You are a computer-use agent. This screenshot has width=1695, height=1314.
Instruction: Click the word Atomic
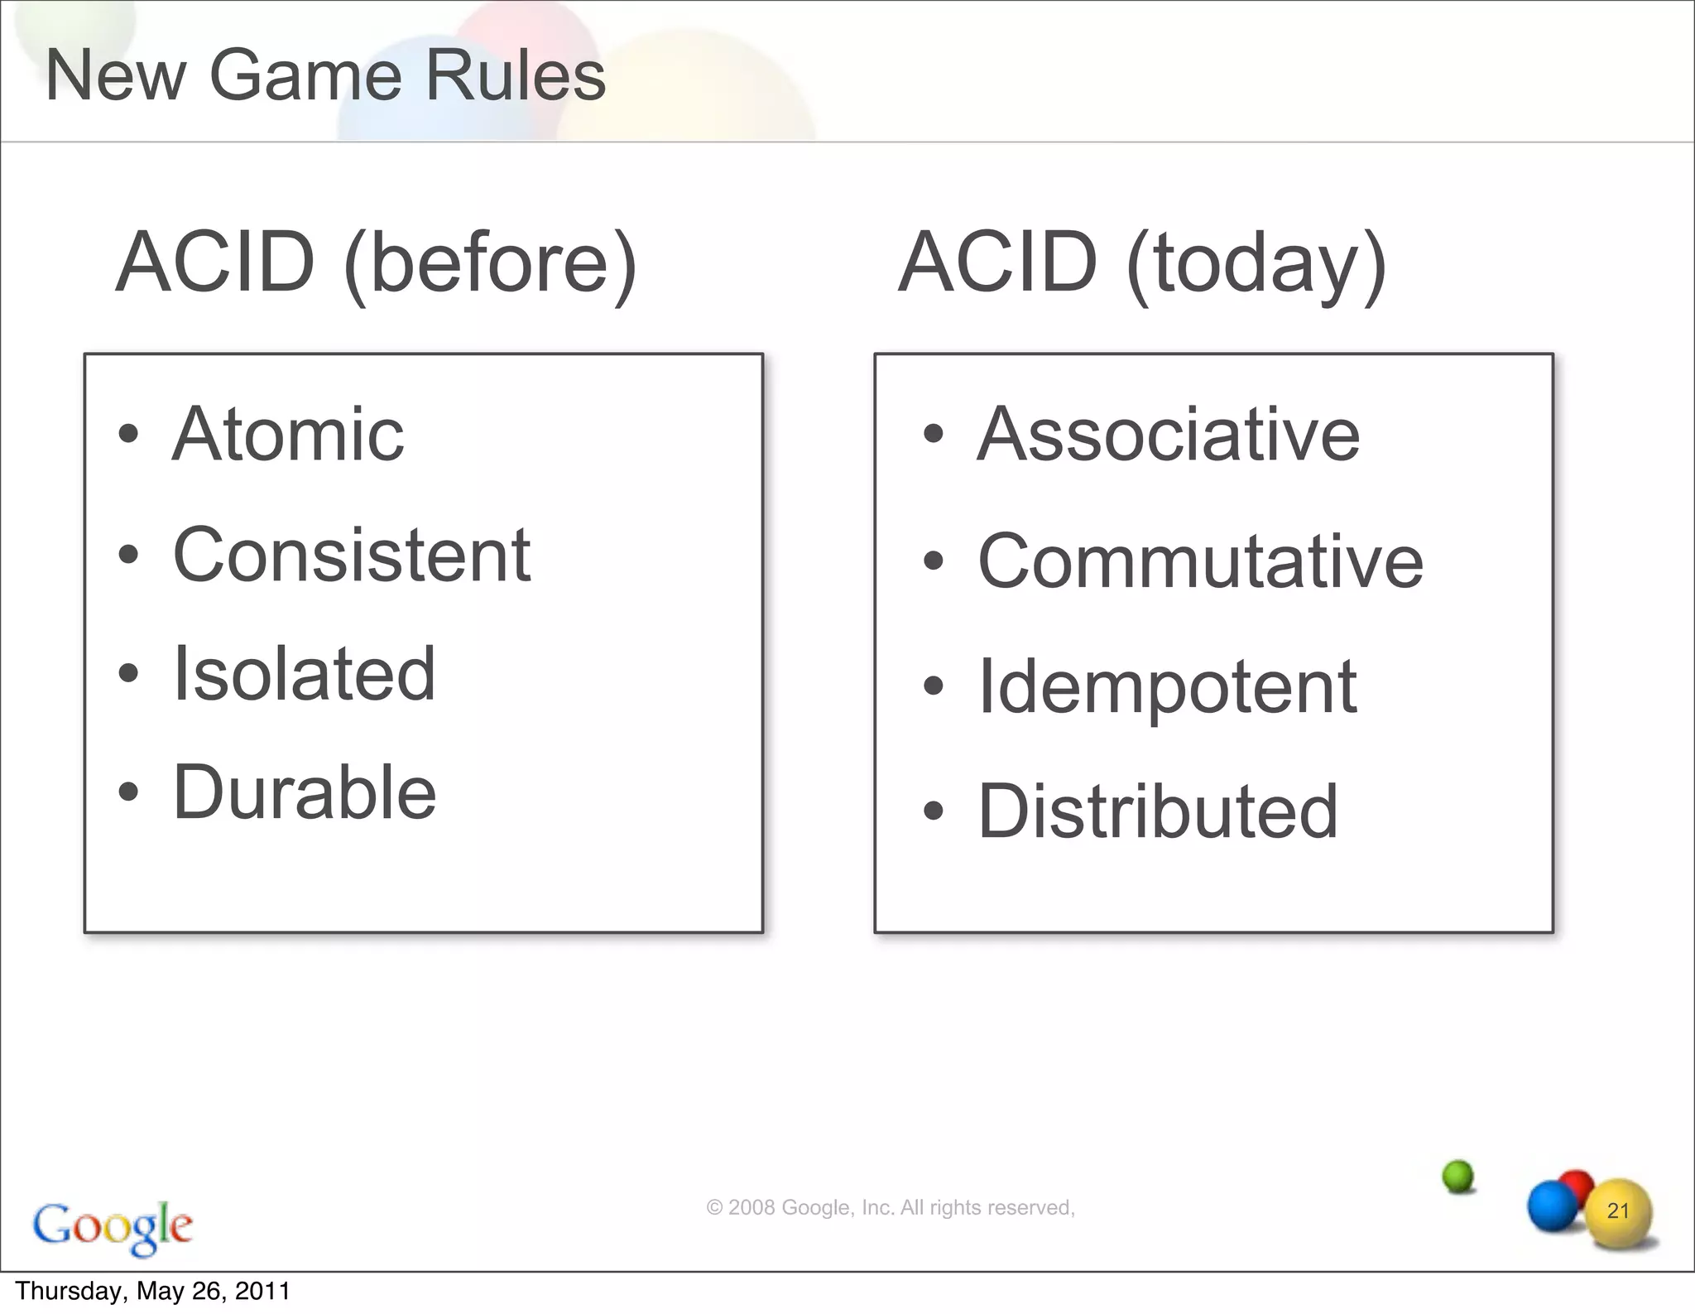pyautogui.click(x=288, y=434)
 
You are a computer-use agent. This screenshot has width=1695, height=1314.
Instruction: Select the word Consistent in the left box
pyautogui.click(x=352, y=555)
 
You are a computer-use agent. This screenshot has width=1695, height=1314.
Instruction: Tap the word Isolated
pyautogui.click(x=304, y=673)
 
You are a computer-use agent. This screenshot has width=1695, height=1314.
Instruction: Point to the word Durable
pyautogui.click(x=305, y=792)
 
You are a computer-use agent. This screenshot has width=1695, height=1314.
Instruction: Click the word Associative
pyautogui.click(x=1169, y=434)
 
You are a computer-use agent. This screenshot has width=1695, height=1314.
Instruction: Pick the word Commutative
pyautogui.click(x=1200, y=561)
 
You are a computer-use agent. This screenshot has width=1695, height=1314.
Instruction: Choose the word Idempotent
pyautogui.click(x=1167, y=687)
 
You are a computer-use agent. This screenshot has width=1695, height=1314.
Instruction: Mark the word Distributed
pyautogui.click(x=1158, y=811)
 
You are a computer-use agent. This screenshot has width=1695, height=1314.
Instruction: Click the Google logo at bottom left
pyautogui.click(x=113, y=1226)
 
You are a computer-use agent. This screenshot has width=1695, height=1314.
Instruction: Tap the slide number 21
pyautogui.click(x=1618, y=1211)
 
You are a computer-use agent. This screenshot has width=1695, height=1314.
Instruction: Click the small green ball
pyautogui.click(x=1458, y=1176)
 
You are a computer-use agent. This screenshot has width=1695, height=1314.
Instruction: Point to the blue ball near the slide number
pyautogui.click(x=1552, y=1206)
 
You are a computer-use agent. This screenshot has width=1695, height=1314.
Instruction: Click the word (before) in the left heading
pyautogui.click(x=490, y=263)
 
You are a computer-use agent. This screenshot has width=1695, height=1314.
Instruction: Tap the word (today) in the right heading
pyautogui.click(x=1256, y=263)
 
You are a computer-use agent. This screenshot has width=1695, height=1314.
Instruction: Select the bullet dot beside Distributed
pyautogui.click(x=934, y=811)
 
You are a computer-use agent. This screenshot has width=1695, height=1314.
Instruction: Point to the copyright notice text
pyautogui.click(x=891, y=1207)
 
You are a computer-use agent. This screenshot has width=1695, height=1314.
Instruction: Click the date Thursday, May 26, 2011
pyautogui.click(x=153, y=1292)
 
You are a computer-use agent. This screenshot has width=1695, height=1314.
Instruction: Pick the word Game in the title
pyautogui.click(x=305, y=75)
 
